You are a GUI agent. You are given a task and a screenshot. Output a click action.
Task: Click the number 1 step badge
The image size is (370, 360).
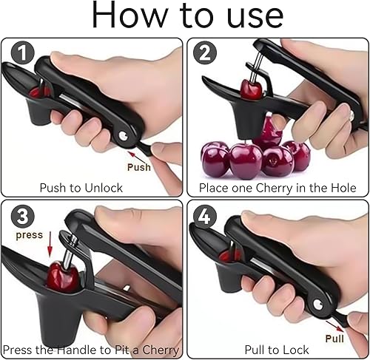point(22,53)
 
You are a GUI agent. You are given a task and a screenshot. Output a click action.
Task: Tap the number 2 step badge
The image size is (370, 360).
point(205,52)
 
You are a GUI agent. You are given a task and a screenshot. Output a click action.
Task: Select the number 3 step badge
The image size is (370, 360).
point(22,216)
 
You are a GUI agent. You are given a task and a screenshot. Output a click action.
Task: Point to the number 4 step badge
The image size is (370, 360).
point(204,217)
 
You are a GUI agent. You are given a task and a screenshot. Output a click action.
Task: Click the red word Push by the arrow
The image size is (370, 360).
point(139,167)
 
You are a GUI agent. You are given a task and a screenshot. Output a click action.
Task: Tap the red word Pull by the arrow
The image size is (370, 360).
point(334,339)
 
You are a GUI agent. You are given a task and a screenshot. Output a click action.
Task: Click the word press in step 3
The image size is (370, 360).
point(30,235)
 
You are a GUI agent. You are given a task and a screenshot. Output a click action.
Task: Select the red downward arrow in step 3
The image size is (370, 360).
point(50,244)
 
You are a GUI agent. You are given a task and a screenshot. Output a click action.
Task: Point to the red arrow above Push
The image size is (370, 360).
point(135,156)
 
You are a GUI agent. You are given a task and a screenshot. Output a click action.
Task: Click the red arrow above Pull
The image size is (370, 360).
point(334,326)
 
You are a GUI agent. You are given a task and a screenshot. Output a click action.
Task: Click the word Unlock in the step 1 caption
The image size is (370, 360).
point(104,188)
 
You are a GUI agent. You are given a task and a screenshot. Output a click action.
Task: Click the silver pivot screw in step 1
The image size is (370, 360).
point(123,135)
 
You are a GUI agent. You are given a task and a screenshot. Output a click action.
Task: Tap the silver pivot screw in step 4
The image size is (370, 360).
point(317,305)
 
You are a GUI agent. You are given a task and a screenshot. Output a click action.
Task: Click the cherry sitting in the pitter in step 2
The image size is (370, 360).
point(251,89)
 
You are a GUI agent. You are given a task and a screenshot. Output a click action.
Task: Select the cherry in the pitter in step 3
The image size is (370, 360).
point(63,277)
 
